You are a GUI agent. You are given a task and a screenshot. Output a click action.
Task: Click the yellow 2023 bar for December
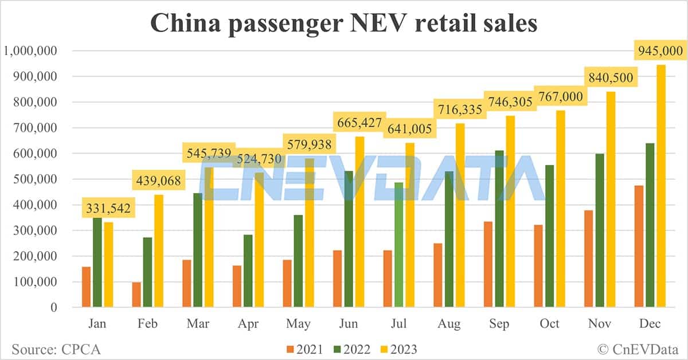coord(660,186)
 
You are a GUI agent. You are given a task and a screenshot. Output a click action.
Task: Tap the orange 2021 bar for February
coord(136,295)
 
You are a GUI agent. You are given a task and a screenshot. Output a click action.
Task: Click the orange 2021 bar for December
coord(639,246)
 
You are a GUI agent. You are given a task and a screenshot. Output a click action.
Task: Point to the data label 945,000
coord(660,51)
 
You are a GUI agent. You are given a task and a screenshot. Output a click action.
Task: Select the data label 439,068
coord(158,181)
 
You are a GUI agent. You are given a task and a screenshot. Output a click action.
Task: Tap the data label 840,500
coord(610,77)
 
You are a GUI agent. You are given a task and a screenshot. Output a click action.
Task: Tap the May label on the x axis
coord(298,324)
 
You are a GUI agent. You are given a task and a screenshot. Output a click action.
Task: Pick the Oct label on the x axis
coord(549,324)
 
